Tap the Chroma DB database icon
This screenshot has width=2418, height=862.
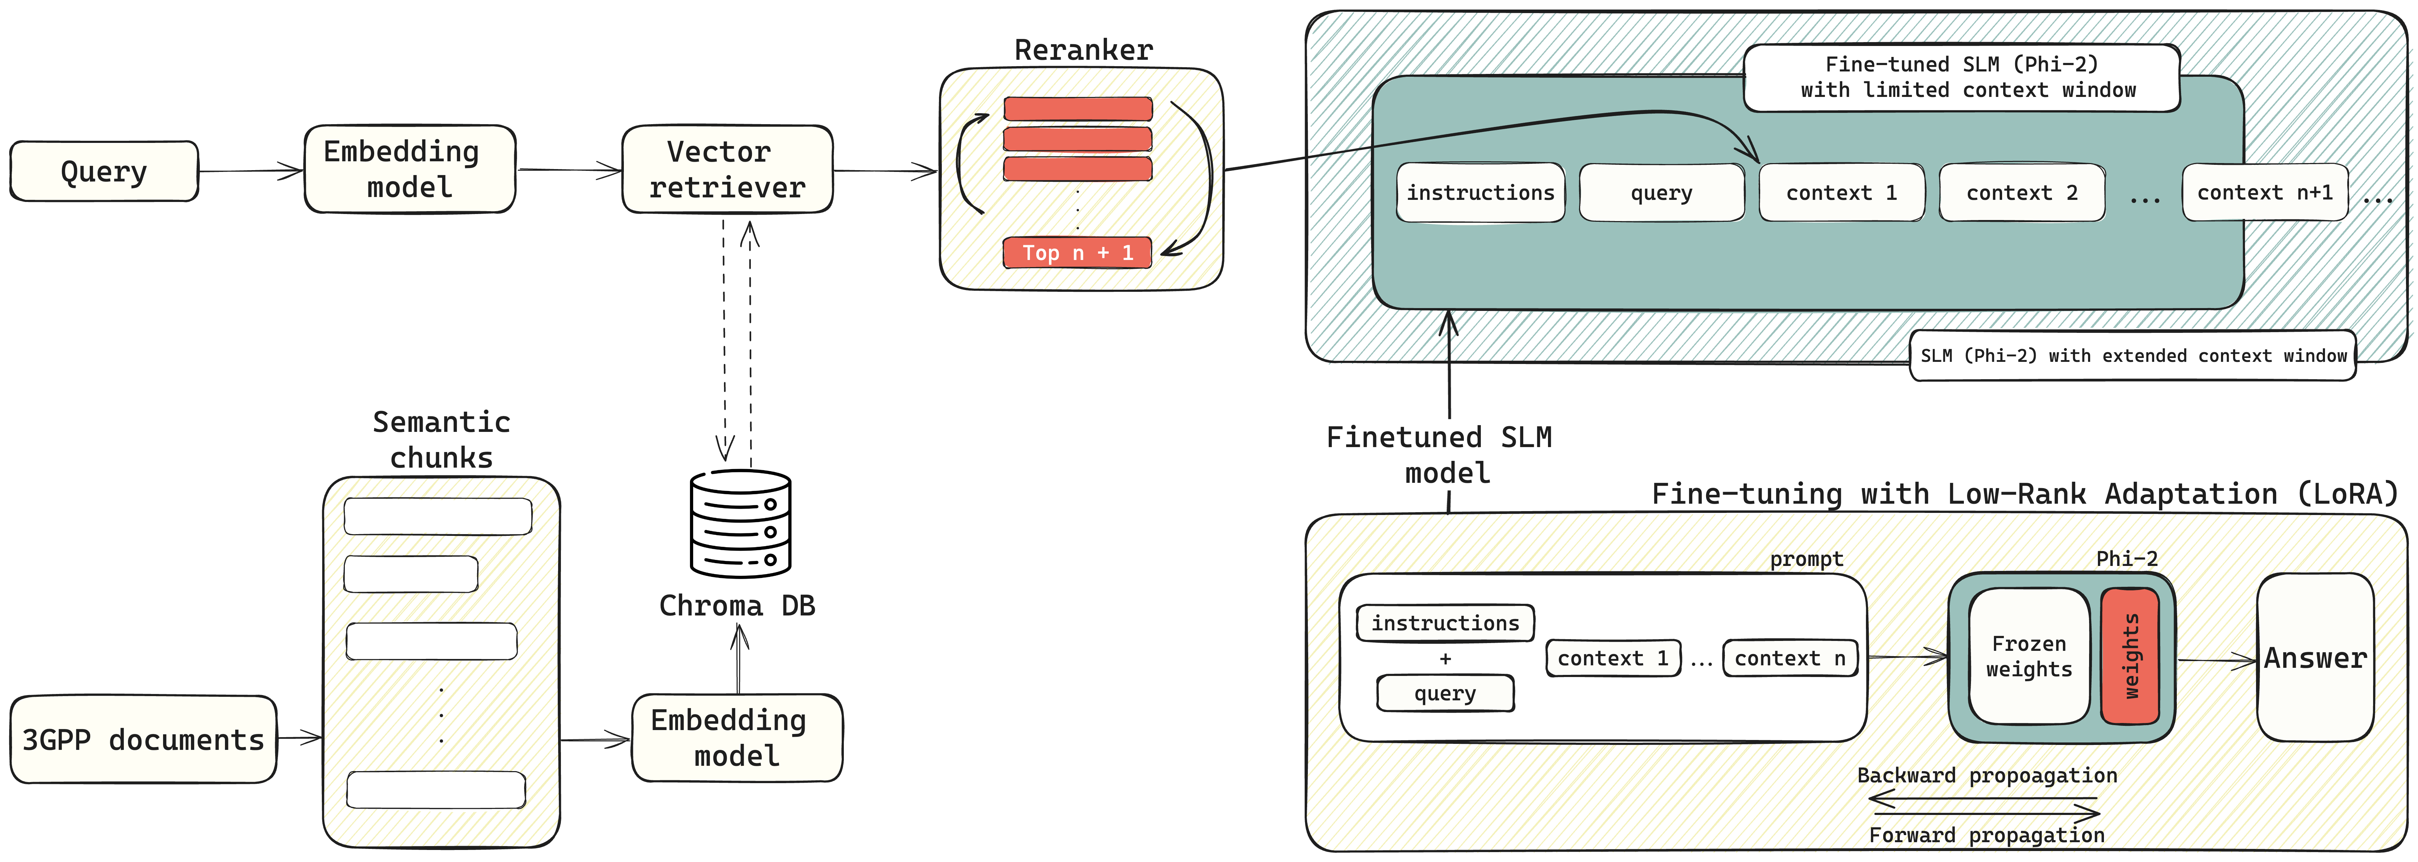click(x=741, y=523)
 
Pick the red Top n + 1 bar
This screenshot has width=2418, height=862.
click(x=1078, y=253)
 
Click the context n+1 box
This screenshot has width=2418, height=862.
click(x=2264, y=192)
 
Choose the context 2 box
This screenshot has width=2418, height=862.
click(x=2022, y=192)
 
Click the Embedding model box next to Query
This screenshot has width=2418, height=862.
click(x=409, y=169)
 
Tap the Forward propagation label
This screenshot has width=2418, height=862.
click(x=1986, y=835)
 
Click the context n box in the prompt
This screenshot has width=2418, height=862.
click(x=1789, y=658)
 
